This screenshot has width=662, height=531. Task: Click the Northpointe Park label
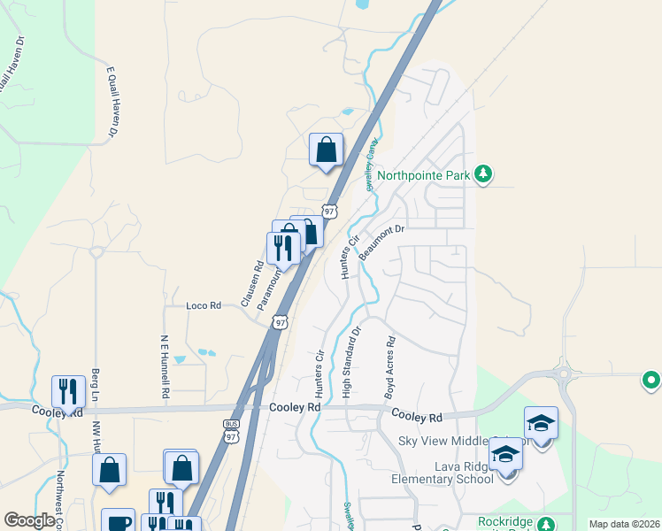click(423, 175)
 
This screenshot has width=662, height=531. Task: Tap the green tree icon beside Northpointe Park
click(482, 173)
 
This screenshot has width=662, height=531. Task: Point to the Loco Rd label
click(203, 305)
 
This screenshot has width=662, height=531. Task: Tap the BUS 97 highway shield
click(232, 431)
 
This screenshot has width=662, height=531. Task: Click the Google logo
click(30, 520)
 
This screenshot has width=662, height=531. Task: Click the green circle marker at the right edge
click(651, 381)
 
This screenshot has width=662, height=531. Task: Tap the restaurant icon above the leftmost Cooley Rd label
click(68, 391)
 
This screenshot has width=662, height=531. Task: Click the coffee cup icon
click(118, 522)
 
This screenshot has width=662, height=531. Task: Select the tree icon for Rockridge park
click(547, 523)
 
